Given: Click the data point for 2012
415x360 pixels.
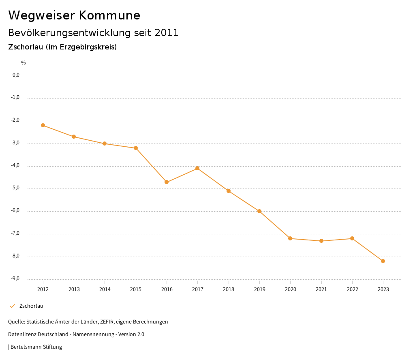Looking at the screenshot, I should (43, 125).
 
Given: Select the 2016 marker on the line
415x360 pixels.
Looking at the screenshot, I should (167, 182).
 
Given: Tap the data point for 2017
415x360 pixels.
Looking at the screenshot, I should (197, 168).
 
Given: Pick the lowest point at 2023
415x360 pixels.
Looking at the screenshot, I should (383, 261).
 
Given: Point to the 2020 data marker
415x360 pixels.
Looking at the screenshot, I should (290, 238).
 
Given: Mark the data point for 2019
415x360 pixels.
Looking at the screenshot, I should (259, 211).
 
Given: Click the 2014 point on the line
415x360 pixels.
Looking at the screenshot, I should (105, 144).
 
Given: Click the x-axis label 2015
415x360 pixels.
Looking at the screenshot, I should (136, 289).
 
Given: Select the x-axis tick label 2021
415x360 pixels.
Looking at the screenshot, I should (321, 289).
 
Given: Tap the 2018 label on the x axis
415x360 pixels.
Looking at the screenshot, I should (229, 289).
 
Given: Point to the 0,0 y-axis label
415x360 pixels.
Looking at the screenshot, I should (16, 75).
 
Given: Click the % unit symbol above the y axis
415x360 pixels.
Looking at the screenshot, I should (24, 63).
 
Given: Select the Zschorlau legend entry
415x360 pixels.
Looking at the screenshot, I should (31, 306).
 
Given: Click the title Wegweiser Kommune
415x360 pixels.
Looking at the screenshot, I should (74, 15).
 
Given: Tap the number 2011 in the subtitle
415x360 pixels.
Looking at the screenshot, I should (167, 33).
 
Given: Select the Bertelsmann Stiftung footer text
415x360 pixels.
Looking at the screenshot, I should (36, 347).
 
